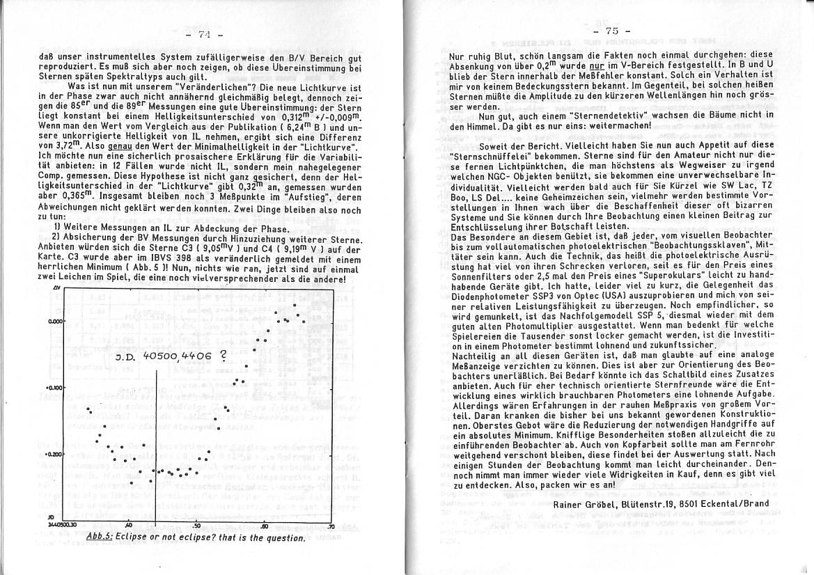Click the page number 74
tap(203, 34)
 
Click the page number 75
tap(611, 31)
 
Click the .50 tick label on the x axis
tap(196, 526)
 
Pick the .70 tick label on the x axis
tap(330, 526)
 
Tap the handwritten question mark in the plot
tap(223, 354)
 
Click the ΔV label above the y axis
tap(55, 287)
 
